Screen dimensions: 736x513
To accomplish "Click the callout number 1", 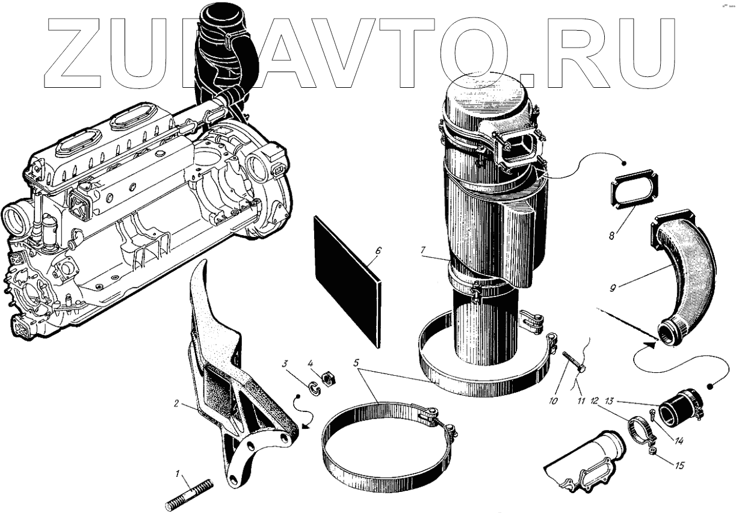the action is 178,475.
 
